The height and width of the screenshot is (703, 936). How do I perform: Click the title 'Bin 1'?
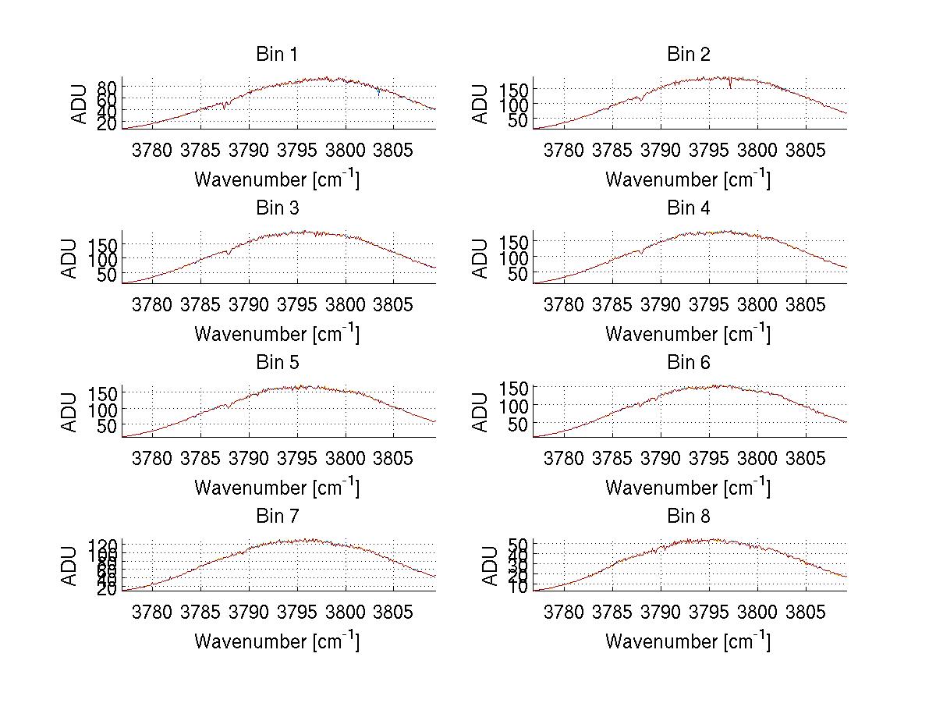(277, 55)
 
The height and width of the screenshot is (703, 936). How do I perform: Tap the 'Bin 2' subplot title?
(689, 55)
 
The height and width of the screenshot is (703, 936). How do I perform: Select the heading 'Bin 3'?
(277, 208)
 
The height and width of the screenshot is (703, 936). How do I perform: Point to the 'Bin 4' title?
(689, 208)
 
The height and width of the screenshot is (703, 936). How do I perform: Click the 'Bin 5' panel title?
(277, 363)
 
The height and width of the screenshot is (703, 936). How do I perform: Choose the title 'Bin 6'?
(689, 363)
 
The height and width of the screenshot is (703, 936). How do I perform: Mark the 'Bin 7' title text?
(277, 517)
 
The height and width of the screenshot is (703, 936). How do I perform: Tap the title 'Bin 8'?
(689, 517)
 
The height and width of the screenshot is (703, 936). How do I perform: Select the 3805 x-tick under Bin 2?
(805, 150)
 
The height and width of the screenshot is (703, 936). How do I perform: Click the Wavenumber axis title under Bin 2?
(688, 179)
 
